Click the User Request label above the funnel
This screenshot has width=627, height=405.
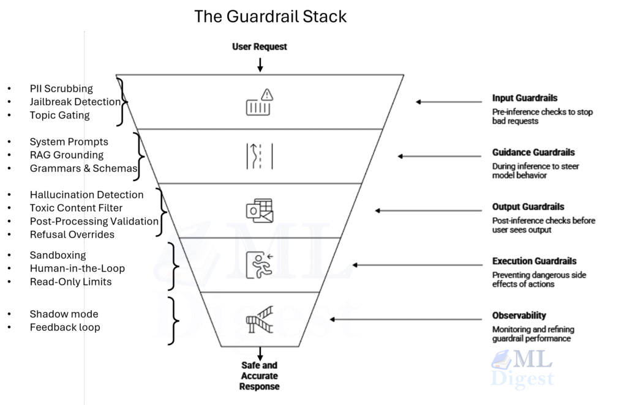pyautogui.click(x=260, y=46)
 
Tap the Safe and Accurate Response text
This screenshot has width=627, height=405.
pyautogui.click(x=260, y=376)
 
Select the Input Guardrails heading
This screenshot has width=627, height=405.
pyautogui.click(x=525, y=98)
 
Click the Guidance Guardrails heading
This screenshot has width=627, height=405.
pyautogui.click(x=533, y=152)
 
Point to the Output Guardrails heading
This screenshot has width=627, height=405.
pyautogui.click(x=528, y=207)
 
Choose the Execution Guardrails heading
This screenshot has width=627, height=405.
pyautogui.click(x=534, y=261)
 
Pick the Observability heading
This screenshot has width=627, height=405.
pyautogui.click(x=519, y=316)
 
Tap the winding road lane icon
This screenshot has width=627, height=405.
pyautogui.click(x=260, y=155)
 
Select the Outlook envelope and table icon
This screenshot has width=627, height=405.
pyautogui.click(x=260, y=210)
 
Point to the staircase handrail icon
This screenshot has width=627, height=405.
pyautogui.click(x=260, y=319)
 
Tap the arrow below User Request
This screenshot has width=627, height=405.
pyautogui.click(x=260, y=64)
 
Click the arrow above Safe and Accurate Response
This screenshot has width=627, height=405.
pyautogui.click(x=260, y=354)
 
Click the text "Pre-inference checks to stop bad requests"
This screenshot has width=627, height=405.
pyautogui.click(x=543, y=116)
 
